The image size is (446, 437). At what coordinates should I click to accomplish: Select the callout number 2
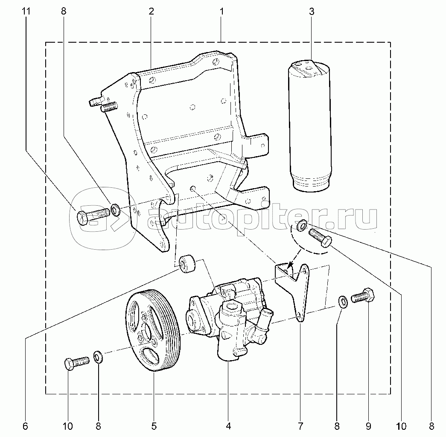151,12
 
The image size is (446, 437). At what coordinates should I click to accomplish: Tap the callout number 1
222,12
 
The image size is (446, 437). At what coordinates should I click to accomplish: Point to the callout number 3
312,12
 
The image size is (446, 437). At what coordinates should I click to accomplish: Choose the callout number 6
25,426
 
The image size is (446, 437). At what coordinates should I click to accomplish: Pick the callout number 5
154,426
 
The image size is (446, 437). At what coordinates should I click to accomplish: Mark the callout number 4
228,426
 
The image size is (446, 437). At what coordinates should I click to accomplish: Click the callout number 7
300,426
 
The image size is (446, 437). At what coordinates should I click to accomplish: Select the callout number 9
368,426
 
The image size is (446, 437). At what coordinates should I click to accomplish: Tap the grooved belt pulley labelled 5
152,331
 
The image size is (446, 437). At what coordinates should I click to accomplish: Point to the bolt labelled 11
91,216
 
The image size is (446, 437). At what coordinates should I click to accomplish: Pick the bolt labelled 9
363,297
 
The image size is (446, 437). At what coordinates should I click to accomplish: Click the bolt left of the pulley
76,363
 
